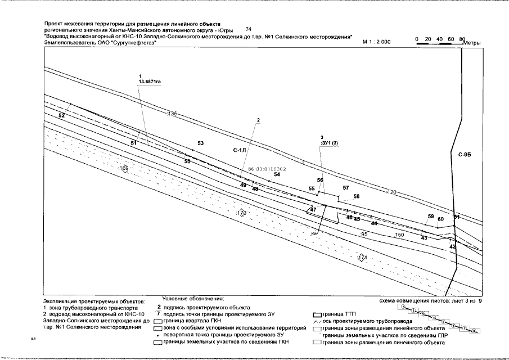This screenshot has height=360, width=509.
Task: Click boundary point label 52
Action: click(61, 115)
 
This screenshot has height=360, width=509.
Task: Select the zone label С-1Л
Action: click(240, 151)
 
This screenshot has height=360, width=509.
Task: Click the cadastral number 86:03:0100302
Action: click(267, 169)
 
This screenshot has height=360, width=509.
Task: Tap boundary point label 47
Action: click(313, 209)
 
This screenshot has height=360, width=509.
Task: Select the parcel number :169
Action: click(124, 168)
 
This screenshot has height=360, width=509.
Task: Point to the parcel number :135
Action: click(172, 114)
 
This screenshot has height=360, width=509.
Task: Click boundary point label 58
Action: click(356, 196)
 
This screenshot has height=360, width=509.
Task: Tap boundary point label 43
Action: click(424, 238)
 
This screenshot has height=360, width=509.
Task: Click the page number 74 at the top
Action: click(250, 29)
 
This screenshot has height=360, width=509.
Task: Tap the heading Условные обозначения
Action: click(193, 299)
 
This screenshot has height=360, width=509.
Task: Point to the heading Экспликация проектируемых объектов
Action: click(93, 301)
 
